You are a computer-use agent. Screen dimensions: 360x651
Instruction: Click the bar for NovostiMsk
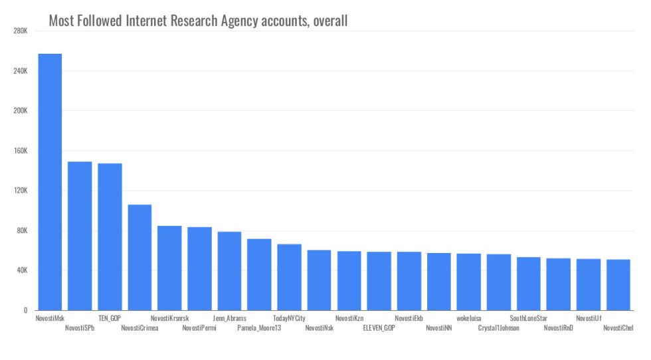[50, 182]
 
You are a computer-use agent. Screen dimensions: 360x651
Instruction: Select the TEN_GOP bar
[110, 236]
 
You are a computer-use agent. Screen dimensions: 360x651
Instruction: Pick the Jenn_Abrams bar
[229, 271]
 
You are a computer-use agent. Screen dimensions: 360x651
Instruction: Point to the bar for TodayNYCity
[289, 277]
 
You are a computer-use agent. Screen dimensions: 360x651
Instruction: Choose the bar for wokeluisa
[468, 282]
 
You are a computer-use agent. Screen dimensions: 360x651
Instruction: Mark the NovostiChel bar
[618, 284]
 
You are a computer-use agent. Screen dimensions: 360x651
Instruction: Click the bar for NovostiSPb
[80, 236]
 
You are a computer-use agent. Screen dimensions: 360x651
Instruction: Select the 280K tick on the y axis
[19, 31]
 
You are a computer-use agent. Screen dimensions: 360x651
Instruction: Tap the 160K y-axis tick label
[19, 151]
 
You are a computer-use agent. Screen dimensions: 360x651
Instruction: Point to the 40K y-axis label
[21, 270]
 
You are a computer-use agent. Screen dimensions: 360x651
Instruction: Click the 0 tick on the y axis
[25, 310]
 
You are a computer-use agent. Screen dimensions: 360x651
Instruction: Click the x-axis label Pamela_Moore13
[259, 328]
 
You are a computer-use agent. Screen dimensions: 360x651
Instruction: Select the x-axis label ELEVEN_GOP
[379, 328]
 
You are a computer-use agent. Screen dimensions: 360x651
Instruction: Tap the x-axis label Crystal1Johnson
[498, 328]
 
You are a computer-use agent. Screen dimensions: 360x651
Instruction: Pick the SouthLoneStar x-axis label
[528, 319]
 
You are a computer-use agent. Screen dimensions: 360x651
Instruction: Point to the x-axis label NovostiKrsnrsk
[169, 319]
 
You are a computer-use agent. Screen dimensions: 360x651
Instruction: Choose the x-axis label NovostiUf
[589, 319]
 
